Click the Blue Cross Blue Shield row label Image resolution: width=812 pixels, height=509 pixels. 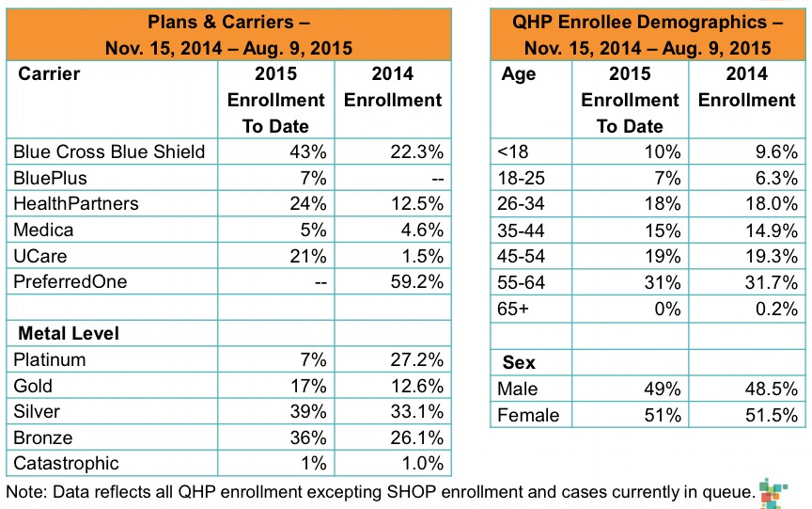108,151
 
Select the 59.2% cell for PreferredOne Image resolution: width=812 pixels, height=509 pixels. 420,281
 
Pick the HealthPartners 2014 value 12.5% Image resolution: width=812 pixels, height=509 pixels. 420,203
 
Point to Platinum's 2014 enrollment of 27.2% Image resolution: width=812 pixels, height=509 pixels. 420,359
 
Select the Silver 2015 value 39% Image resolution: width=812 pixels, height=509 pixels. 308,411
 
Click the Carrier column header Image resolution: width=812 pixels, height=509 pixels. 49,73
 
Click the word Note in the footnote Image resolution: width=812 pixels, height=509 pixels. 25,491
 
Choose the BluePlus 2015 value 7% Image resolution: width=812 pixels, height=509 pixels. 314,178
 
